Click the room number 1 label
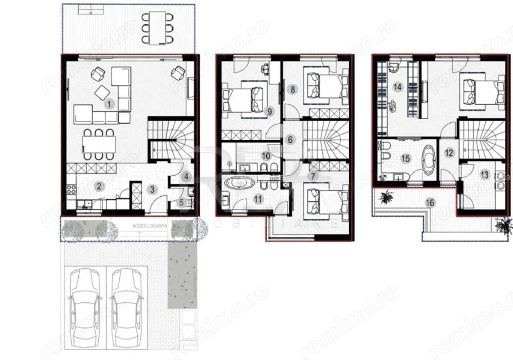click(109, 104)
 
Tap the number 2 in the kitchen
click(99, 186)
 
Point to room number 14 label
click(398, 87)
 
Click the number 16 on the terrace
click(430, 203)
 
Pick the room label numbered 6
click(290, 139)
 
